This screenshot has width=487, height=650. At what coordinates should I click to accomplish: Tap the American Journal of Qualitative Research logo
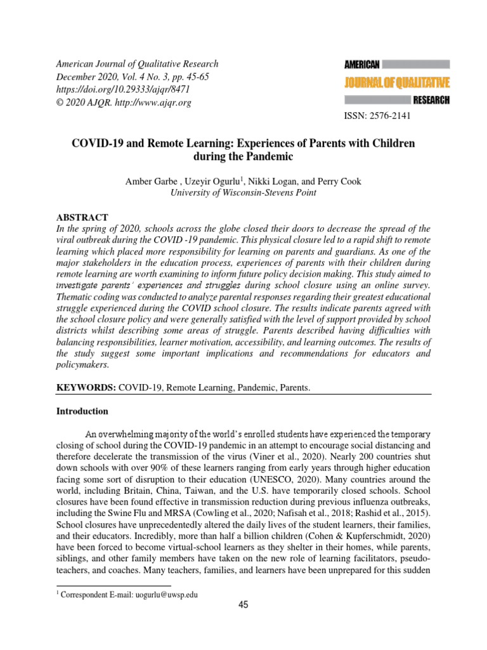pyautogui.click(x=397, y=83)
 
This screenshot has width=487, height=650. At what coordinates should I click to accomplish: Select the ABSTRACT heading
pyautogui.click(x=82, y=217)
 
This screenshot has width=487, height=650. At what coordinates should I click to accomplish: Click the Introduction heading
pyautogui.click(x=82, y=411)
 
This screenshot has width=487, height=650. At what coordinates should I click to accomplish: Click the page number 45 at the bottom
pyautogui.click(x=243, y=604)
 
